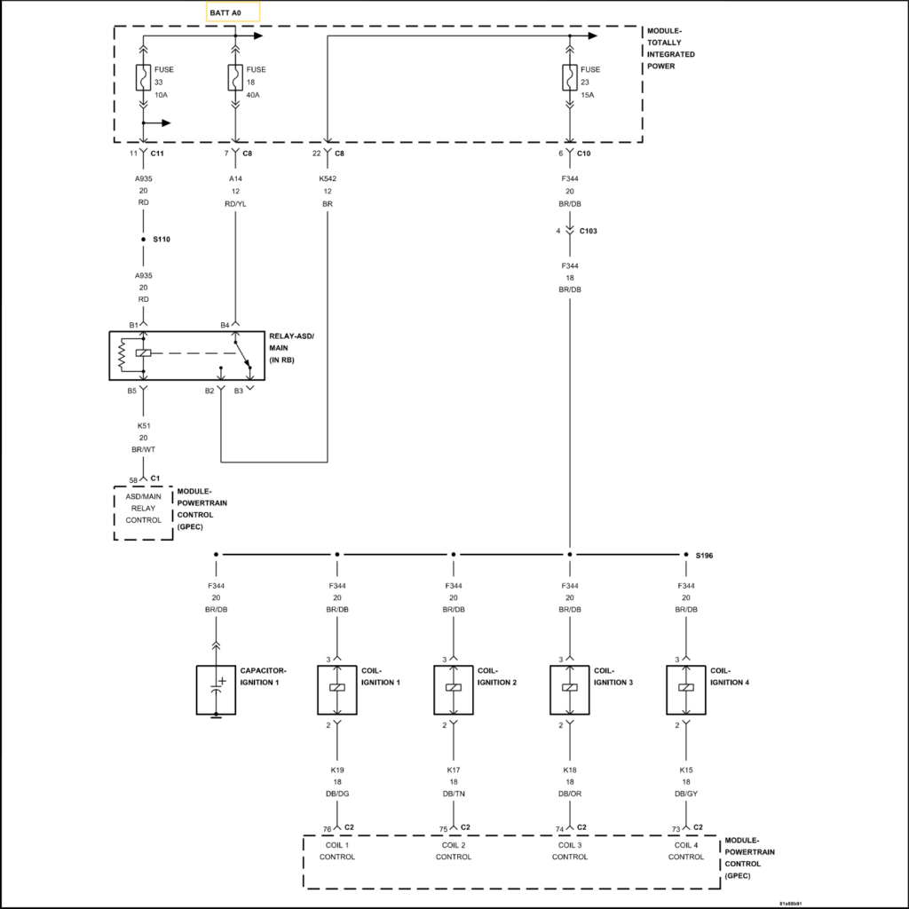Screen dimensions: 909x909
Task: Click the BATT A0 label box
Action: point(233,11)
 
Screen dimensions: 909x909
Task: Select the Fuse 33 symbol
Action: point(143,77)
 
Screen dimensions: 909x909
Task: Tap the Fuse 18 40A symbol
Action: point(234,77)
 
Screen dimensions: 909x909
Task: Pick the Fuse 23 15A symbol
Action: point(569,77)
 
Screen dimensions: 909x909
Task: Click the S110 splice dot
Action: point(143,240)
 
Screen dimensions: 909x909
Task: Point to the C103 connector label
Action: point(589,232)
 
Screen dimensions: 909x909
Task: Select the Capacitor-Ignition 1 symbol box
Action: point(216,690)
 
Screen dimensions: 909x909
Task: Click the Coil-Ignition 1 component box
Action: point(337,689)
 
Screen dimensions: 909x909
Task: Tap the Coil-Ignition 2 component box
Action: point(454,689)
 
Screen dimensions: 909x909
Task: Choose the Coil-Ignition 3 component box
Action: point(570,689)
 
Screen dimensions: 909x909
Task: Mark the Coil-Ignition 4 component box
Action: point(686,689)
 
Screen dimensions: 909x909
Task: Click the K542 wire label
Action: point(328,178)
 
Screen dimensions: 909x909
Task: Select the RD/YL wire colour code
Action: point(234,202)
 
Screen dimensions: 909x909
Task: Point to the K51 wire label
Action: point(143,426)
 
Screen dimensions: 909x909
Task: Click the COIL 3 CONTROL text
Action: point(570,850)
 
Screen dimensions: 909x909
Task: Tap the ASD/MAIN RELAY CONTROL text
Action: point(143,509)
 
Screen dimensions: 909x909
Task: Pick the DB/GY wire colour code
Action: point(686,794)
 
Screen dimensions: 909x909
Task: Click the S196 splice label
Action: point(705,555)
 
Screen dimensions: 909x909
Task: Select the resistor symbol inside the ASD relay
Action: point(123,354)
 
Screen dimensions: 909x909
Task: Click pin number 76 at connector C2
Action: point(327,828)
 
